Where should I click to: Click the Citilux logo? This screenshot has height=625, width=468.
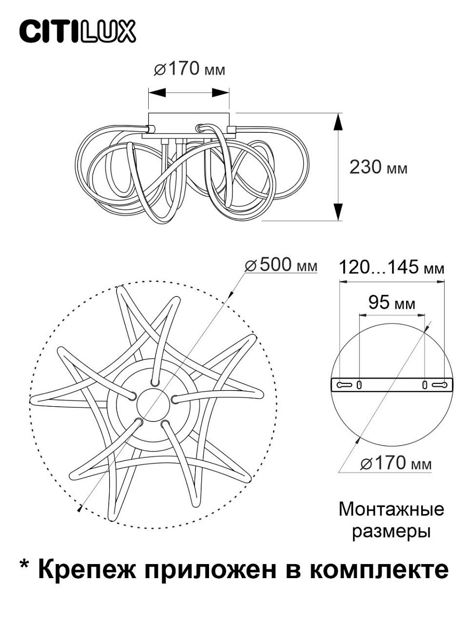click(x=77, y=31)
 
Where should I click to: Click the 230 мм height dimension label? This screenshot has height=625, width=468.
click(x=378, y=167)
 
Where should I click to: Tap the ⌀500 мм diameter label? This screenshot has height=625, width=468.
click(x=281, y=265)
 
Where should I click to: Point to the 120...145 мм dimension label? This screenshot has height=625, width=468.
click(x=392, y=267)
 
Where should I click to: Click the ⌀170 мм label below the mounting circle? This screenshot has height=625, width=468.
click(x=396, y=463)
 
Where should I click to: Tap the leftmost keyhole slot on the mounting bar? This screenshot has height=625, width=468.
click(x=344, y=385)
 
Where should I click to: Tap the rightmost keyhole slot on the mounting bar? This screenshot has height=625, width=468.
click(x=439, y=385)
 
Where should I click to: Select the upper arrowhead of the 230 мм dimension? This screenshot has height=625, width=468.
click(x=337, y=122)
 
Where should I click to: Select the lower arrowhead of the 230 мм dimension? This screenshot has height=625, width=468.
click(x=337, y=212)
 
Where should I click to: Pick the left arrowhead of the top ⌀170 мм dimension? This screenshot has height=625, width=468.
click(x=157, y=92)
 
